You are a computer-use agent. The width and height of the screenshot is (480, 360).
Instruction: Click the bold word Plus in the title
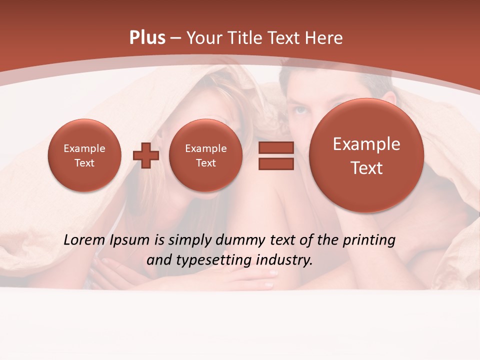coord(147,38)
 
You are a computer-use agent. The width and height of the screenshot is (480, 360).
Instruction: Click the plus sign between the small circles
coord(146,155)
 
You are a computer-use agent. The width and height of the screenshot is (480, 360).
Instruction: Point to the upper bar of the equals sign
coord(276,147)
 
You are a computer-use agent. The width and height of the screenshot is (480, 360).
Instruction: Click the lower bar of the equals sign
coord(276,164)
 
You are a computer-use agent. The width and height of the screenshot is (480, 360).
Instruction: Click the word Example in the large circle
coord(366,144)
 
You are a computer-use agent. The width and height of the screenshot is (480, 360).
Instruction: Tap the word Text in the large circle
coord(366,168)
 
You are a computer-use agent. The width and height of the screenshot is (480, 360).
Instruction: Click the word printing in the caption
coord(369,240)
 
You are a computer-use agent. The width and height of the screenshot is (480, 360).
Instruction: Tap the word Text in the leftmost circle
coord(84,163)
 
